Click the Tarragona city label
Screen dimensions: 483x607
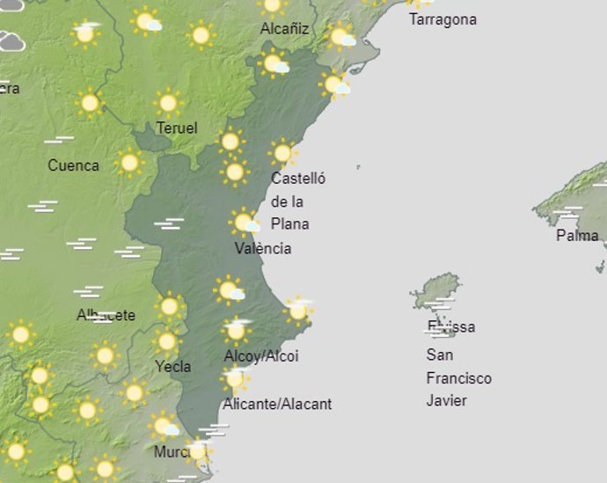tap(442, 19)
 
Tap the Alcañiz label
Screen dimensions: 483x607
tap(284, 29)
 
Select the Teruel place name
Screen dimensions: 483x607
tap(176, 128)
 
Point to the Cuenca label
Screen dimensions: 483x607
tap(73, 165)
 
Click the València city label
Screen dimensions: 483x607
tap(262, 248)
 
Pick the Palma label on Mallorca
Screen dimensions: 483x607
tap(577, 236)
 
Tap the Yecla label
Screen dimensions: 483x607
tap(172, 366)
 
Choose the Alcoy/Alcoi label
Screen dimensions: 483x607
tap(261, 356)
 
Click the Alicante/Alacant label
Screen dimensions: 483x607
tap(277, 404)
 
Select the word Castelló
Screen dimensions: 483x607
tap(298, 179)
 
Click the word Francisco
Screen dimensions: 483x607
tap(458, 378)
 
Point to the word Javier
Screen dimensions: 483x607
tap(446, 401)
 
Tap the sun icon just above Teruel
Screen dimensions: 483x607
tap(167, 103)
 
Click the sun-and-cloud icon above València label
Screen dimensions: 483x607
tap(244, 222)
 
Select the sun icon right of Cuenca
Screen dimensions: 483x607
tap(129, 162)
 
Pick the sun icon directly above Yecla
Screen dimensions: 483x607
tap(167, 341)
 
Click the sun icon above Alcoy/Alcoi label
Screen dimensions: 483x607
tap(235, 331)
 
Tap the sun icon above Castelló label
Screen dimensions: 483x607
tap(282, 153)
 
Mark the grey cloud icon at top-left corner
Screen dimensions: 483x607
tap(11, 40)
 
